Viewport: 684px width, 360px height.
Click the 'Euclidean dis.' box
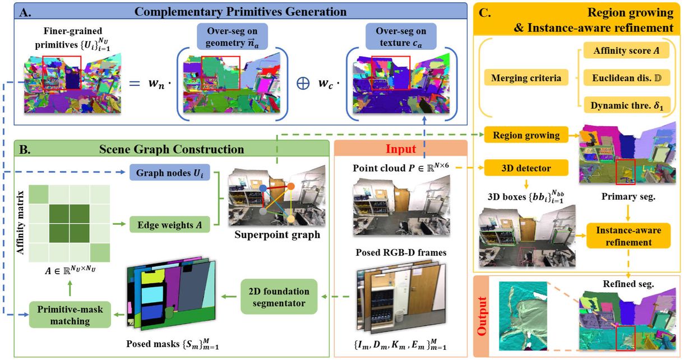(x=622, y=78)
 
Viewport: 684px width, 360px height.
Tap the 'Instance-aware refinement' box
(x=628, y=236)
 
